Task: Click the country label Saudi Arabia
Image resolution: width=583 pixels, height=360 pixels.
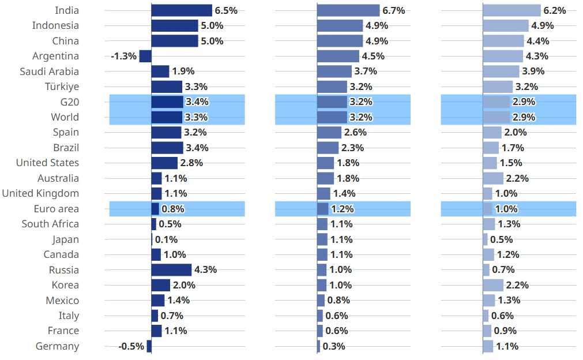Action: pyautogui.click(x=49, y=72)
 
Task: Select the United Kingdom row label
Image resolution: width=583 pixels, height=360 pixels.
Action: pyautogui.click(x=40, y=193)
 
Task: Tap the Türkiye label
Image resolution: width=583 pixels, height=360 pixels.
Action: pyautogui.click(x=62, y=87)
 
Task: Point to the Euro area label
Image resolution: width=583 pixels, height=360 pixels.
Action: pyautogui.click(x=57, y=209)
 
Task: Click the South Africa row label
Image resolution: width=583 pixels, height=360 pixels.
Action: pyautogui.click(x=50, y=224)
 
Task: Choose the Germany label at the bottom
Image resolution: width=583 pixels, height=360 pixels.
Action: pyautogui.click(x=57, y=346)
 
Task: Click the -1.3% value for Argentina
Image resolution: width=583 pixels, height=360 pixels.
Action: pyautogui.click(x=123, y=56)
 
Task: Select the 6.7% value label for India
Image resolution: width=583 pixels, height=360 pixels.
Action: pyautogui.click(x=393, y=10)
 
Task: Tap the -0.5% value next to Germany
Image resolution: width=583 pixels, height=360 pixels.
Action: pyautogui.click(x=131, y=346)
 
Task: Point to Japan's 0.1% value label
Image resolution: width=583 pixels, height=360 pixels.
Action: pyautogui.click(x=166, y=239)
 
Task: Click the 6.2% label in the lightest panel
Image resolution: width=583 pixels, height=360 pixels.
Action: pyautogui.click(x=554, y=10)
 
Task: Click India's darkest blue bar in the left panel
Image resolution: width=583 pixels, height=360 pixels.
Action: pyautogui.click(x=182, y=10)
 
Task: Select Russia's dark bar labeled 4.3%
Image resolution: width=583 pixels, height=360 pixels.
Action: pyautogui.click(x=171, y=270)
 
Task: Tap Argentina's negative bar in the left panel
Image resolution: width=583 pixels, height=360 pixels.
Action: pyautogui.click(x=145, y=56)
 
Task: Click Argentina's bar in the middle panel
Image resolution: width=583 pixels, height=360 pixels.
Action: pyautogui.click(x=338, y=56)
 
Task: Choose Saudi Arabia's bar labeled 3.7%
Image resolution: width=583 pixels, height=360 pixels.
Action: pyautogui.click(x=334, y=72)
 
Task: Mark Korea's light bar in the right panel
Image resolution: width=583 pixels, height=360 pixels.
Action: pyautogui.click(x=493, y=285)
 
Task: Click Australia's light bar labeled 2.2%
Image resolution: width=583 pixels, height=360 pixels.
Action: pyautogui.click(x=493, y=178)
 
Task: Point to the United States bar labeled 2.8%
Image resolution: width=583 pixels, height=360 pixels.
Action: pyautogui.click(x=164, y=163)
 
